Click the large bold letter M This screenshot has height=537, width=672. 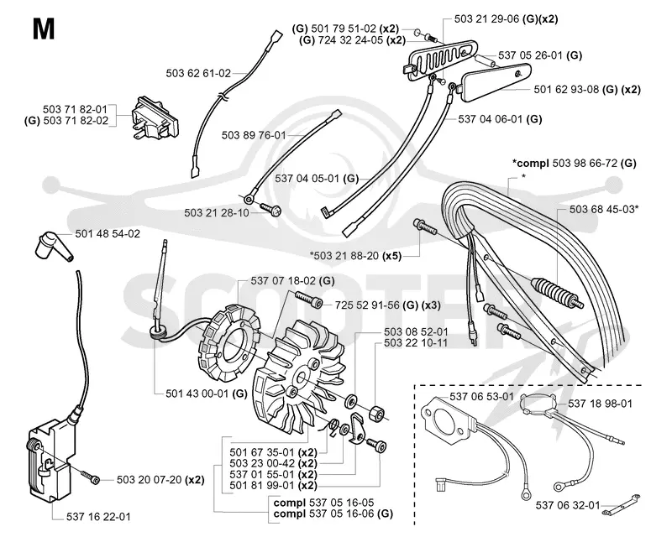[44, 29]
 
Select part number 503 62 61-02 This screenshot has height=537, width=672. [198, 73]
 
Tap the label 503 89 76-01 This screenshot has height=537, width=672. [254, 135]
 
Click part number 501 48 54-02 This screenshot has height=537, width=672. [108, 234]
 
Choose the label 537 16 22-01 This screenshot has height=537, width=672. [98, 518]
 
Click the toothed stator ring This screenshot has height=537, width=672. [229, 342]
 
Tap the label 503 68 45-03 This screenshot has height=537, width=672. [602, 210]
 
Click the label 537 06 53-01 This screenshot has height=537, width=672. [481, 397]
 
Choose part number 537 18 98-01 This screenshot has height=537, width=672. [600, 404]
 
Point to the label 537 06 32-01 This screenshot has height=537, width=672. [568, 506]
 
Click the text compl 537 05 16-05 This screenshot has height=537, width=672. [323, 503]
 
